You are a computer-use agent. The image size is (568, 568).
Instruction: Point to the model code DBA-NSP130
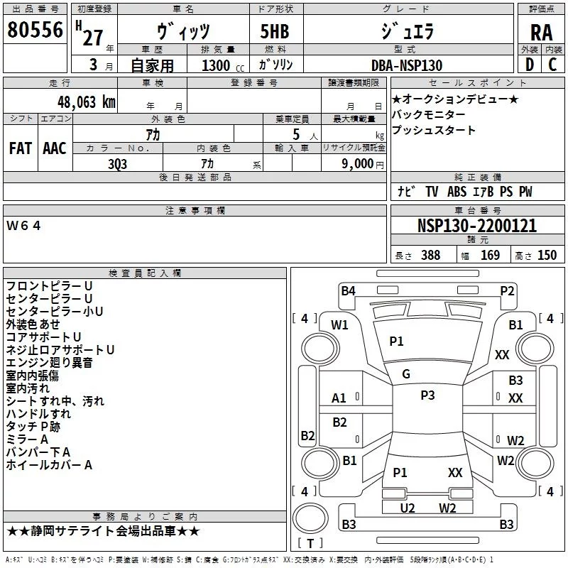(406, 65)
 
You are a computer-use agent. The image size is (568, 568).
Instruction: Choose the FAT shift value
(20, 148)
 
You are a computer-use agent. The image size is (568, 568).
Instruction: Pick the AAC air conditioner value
(54, 148)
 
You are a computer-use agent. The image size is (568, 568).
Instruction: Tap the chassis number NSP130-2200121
(476, 226)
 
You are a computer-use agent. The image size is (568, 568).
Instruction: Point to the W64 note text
(24, 226)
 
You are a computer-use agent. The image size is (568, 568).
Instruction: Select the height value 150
(547, 256)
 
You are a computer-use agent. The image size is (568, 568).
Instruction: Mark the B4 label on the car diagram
(348, 290)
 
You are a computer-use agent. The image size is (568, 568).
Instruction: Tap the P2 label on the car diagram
(507, 290)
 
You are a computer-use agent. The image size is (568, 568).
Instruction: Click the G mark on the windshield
(406, 374)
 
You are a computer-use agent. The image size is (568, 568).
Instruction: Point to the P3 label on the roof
(427, 395)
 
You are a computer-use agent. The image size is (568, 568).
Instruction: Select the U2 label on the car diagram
(408, 507)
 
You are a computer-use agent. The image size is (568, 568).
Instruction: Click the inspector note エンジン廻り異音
(49, 363)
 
